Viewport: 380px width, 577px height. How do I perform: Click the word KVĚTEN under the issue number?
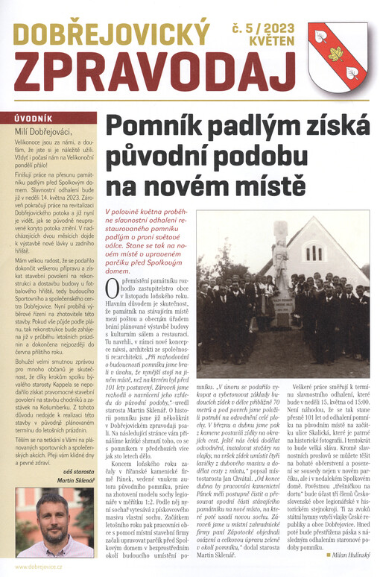pos(269,43)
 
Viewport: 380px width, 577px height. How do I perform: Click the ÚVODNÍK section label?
pos(32,118)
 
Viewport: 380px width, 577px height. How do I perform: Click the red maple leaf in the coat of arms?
pos(336,54)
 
